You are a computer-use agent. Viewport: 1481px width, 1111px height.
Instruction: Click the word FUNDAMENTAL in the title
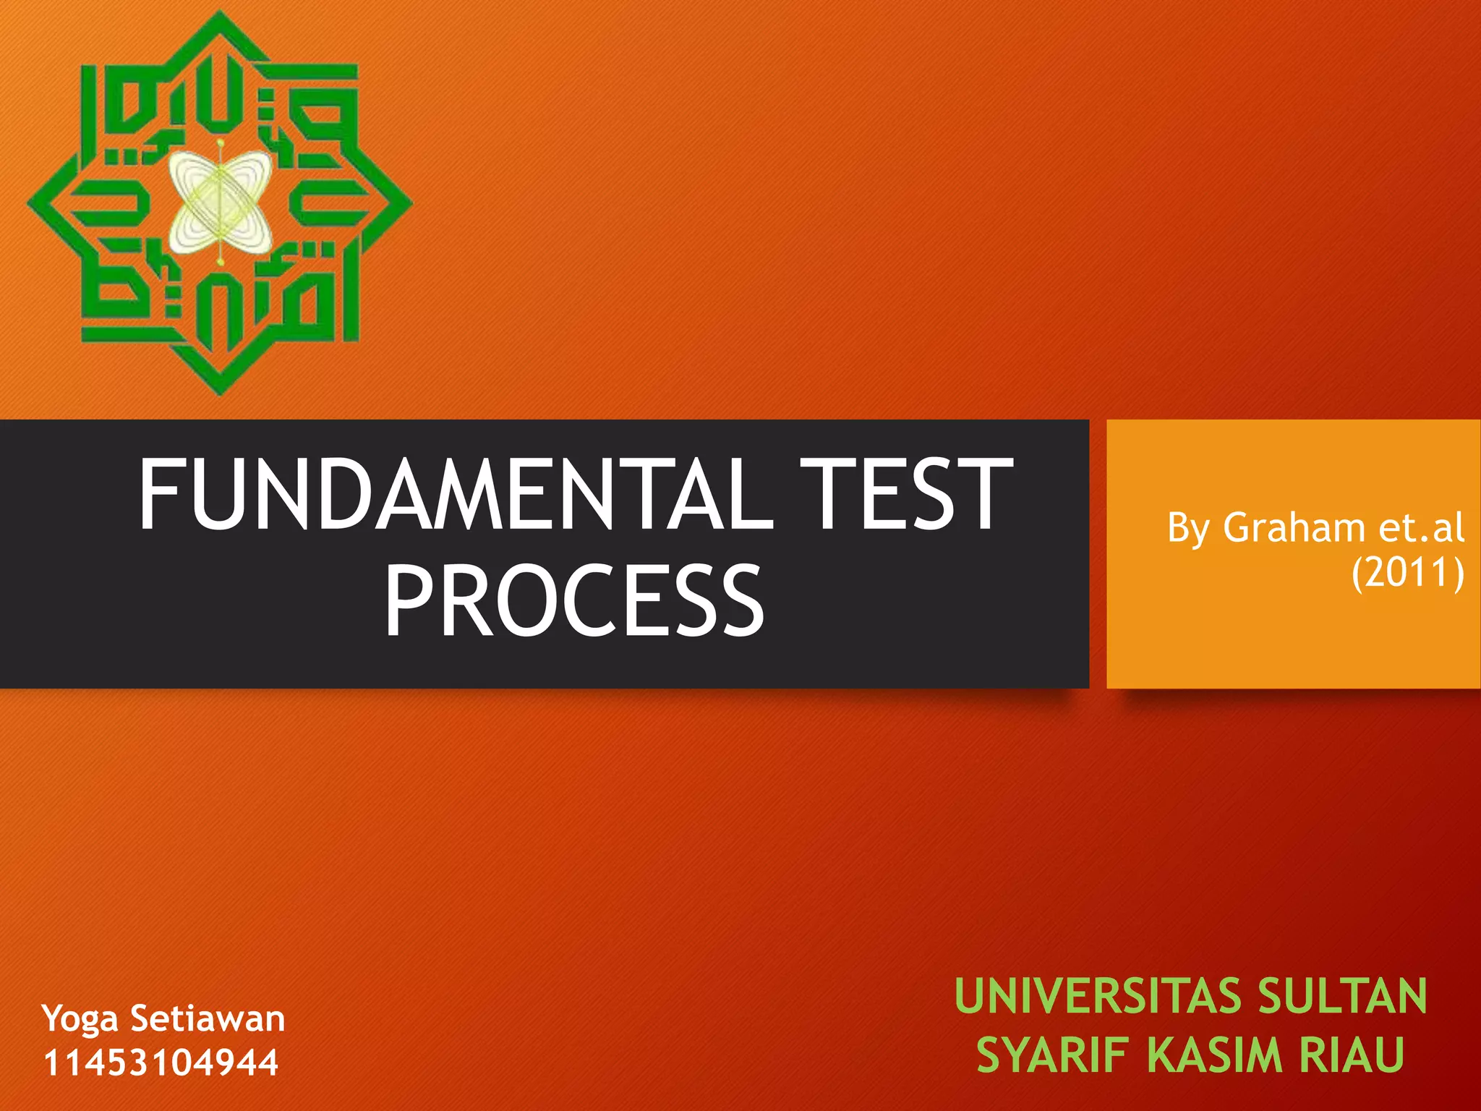(x=456, y=495)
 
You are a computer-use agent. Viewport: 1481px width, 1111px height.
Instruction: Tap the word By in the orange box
(x=1189, y=528)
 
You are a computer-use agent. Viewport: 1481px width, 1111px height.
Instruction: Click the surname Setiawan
(x=208, y=1018)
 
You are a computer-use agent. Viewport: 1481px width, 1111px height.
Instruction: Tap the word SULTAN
(x=1342, y=996)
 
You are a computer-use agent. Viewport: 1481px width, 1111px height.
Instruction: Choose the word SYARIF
(x=1052, y=1055)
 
